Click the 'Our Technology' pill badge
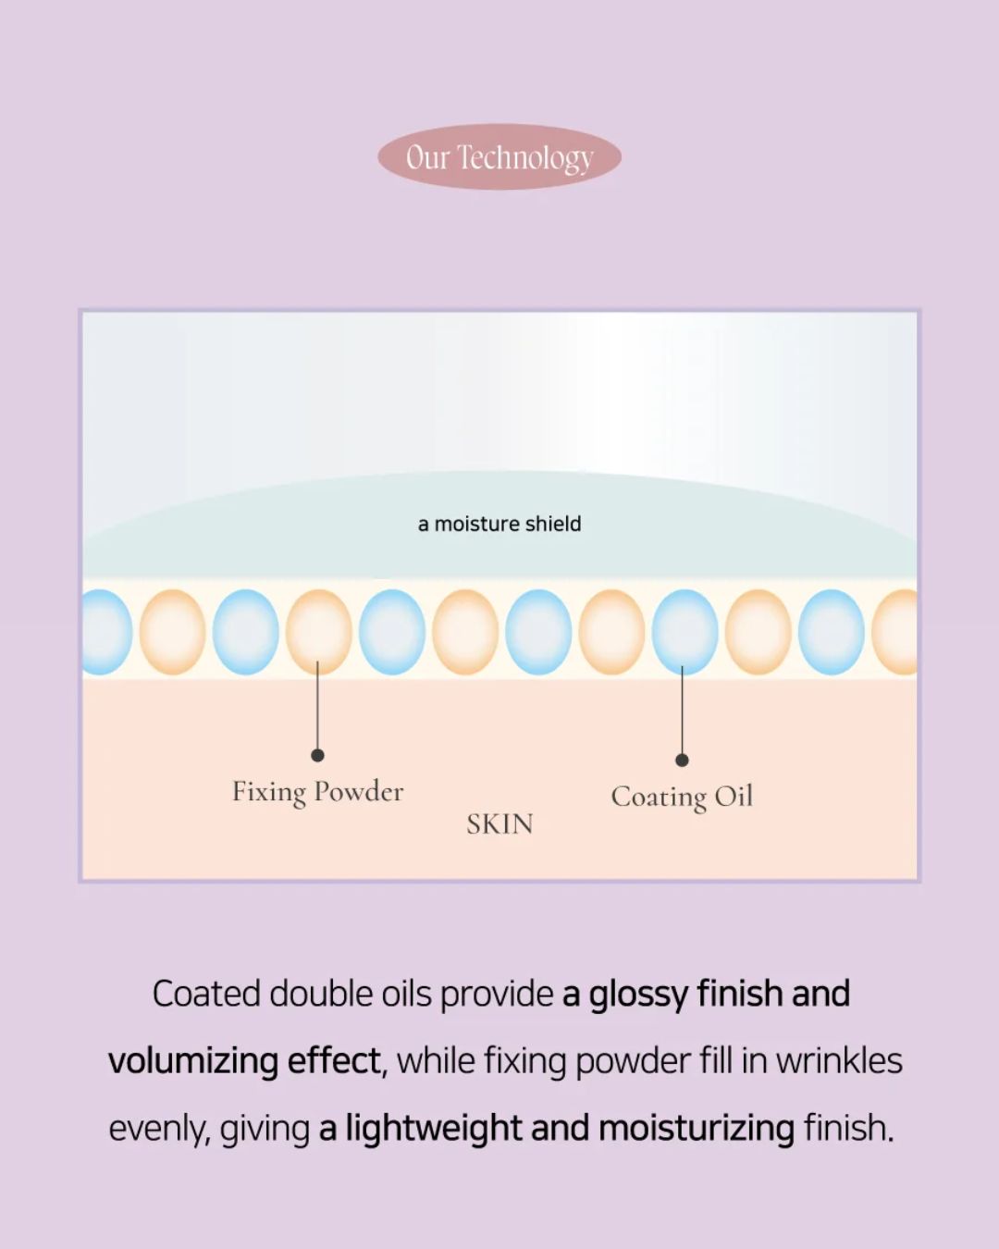pyautogui.click(x=499, y=157)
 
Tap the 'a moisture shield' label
pyautogui.click(x=499, y=524)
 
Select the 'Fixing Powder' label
pyautogui.click(x=317, y=792)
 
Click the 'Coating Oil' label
pyautogui.click(x=682, y=797)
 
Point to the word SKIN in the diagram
pyautogui.click(x=499, y=823)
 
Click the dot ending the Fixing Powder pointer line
pyautogui.click(x=317, y=755)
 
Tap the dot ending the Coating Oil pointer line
pyautogui.click(x=682, y=760)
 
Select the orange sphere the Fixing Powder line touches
pyautogui.click(x=318, y=631)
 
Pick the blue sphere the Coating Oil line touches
pyautogui.click(x=684, y=631)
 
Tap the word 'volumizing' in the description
pyautogui.click(x=191, y=1060)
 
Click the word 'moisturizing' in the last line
pyautogui.click(x=696, y=1129)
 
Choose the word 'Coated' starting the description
pyautogui.click(x=205, y=994)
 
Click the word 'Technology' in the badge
pyautogui.click(x=524, y=158)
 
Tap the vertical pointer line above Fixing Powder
pyautogui.click(x=317, y=708)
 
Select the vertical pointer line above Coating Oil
pyautogui.click(x=682, y=712)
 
